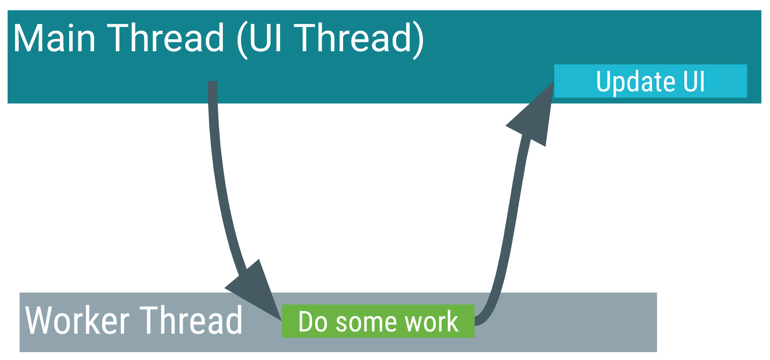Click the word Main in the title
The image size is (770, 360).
coord(54,38)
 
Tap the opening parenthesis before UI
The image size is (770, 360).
coord(242,40)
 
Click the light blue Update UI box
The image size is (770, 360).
coord(650,81)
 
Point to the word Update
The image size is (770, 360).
coord(630,82)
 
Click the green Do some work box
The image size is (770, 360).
coord(378,321)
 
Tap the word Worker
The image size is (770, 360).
coord(77,321)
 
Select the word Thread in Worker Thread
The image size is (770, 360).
coord(191,321)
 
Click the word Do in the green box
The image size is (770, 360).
coord(313,322)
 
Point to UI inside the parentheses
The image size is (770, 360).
coord(266,38)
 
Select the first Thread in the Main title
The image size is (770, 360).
coord(166,38)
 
